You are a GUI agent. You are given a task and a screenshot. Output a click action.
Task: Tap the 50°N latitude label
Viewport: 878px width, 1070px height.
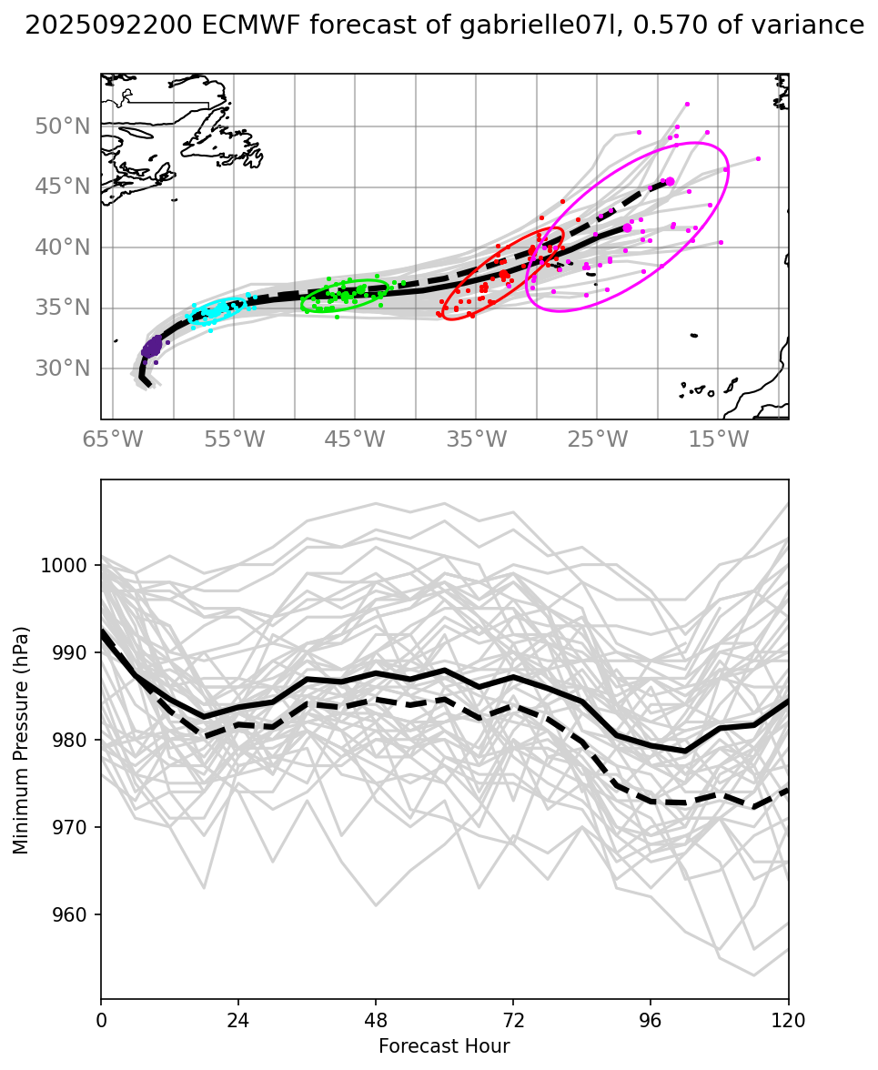[x=62, y=126]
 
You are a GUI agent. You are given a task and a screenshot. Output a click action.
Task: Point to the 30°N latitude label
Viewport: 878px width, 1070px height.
[x=62, y=368]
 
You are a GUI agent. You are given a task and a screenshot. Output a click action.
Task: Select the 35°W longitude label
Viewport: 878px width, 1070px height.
[x=477, y=440]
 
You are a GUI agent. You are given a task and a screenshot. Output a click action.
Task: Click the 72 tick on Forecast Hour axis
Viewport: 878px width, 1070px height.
[x=513, y=1019]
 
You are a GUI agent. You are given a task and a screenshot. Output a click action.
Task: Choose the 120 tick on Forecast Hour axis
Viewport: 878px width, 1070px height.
[x=788, y=1019]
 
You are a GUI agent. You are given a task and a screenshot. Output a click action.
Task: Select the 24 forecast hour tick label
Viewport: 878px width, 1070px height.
[x=237, y=1019]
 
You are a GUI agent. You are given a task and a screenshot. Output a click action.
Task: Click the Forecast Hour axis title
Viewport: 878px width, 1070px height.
[x=444, y=1045]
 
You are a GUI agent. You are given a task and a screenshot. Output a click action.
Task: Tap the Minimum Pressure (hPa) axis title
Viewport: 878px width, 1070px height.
[x=21, y=739]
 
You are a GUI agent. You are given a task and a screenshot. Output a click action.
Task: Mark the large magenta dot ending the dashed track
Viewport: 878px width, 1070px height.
[x=670, y=182]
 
